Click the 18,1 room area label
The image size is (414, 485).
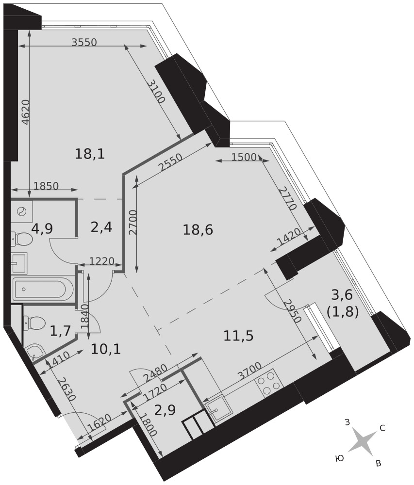coord(90,154)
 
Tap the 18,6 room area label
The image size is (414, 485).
coord(198,230)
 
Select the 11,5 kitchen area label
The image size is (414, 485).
coord(238,336)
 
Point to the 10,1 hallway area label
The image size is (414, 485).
coord(106,349)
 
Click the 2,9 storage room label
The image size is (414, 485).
coord(165,410)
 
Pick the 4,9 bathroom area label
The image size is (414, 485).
coord(42,229)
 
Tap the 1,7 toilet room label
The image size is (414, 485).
coord(61,333)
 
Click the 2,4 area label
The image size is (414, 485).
coord(101,227)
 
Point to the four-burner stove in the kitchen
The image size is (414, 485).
coord(269,383)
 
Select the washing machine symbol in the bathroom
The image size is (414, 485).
coord(22,211)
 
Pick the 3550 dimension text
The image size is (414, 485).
coord(84,42)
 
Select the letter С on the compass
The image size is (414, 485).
coord(382,428)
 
